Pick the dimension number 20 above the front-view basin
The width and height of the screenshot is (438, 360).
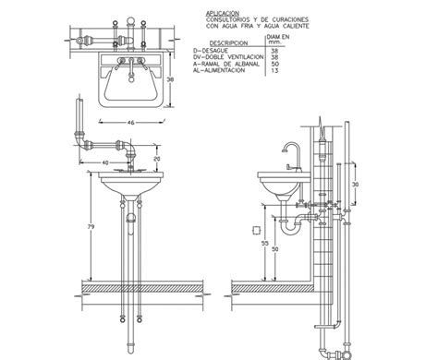(156, 159)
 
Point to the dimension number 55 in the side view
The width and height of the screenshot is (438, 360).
(265, 245)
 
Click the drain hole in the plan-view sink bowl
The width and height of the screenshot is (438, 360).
(131, 88)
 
